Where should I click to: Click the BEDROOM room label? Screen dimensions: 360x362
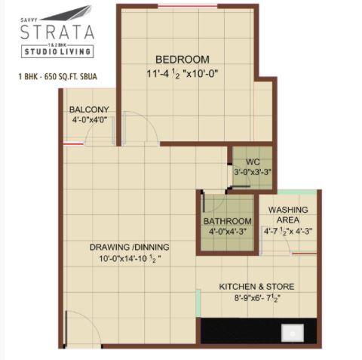[x=182, y=60]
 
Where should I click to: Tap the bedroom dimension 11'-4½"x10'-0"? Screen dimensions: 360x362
[x=181, y=74]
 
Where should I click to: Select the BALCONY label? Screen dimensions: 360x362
[x=88, y=109]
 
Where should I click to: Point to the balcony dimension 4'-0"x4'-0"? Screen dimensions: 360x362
[x=88, y=119]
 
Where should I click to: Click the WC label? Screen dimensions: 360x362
[x=251, y=161]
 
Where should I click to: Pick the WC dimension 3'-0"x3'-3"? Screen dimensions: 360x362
[x=251, y=172]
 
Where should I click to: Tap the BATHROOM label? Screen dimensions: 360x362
[x=227, y=221]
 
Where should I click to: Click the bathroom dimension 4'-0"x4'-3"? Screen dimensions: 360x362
[x=227, y=232]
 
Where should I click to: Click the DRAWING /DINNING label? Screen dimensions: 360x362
[x=129, y=248]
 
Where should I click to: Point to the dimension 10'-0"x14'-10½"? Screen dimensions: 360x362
[x=129, y=260]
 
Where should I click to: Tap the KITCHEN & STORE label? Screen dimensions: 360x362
[x=256, y=287]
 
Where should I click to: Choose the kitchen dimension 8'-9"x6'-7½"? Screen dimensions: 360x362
[x=256, y=299]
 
